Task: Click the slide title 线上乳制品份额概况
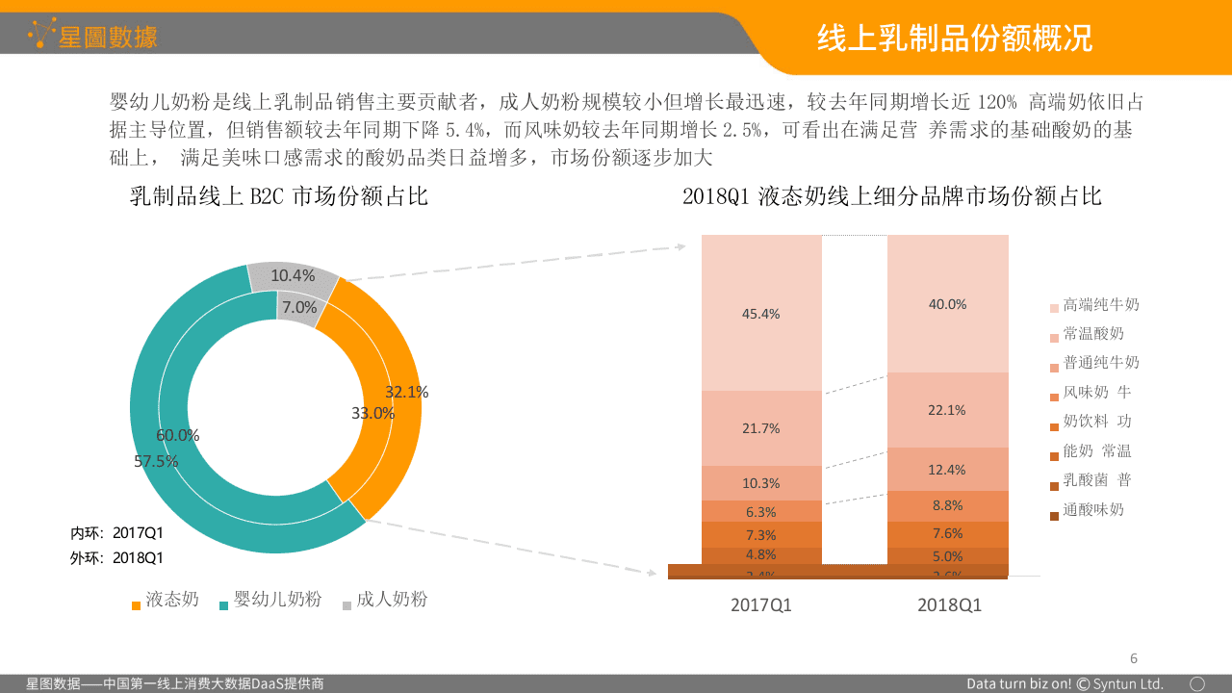coord(954,38)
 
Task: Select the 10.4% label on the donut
coord(293,276)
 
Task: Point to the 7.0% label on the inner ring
coord(299,307)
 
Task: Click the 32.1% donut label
coord(406,392)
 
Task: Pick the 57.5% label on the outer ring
coord(156,461)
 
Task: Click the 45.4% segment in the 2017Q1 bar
coord(760,314)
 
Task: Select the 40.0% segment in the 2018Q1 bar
coord(947,304)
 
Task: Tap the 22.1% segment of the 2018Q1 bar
coord(947,410)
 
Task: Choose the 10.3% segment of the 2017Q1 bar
coord(760,483)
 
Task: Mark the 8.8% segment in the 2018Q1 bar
coord(947,505)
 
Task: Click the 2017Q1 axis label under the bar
coord(760,605)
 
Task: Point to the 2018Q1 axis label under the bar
coord(948,605)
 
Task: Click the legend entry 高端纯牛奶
coord(1100,305)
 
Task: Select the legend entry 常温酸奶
coord(1092,334)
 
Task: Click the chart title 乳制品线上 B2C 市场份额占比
coord(279,197)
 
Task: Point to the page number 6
coord(1133,658)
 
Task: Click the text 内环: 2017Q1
coord(116,532)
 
